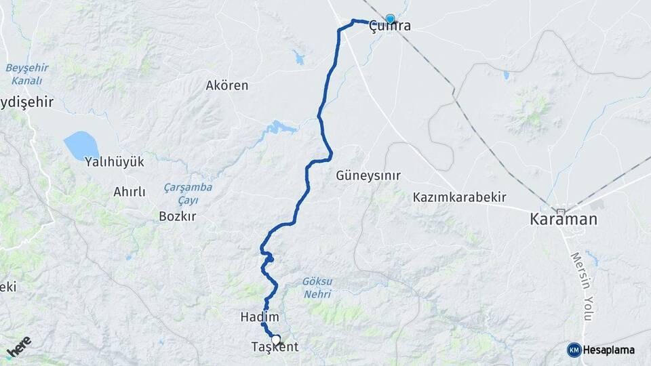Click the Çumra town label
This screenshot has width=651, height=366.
pyautogui.click(x=389, y=28)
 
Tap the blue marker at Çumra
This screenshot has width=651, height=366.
pyautogui.click(x=390, y=19)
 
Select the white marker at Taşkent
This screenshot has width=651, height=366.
pyautogui.click(x=276, y=340)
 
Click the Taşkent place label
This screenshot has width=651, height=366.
pyautogui.click(x=275, y=347)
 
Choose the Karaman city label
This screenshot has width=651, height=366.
pyautogui.click(x=564, y=220)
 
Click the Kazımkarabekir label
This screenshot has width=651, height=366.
pyautogui.click(x=460, y=197)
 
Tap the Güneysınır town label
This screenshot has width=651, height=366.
pyautogui.click(x=368, y=176)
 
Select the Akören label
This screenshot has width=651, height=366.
pyautogui.click(x=227, y=86)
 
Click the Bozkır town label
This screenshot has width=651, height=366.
pyautogui.click(x=177, y=217)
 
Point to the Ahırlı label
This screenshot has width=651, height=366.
pyautogui.click(x=130, y=192)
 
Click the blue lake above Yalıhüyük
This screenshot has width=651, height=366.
pyautogui.click(x=81, y=144)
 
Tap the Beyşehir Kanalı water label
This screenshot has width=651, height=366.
pyautogui.click(x=24, y=74)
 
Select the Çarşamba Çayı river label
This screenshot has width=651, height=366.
pyautogui.click(x=188, y=192)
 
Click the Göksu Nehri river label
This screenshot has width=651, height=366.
pyautogui.click(x=317, y=287)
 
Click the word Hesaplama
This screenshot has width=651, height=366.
pyautogui.click(x=609, y=350)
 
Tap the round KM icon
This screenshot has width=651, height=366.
pyautogui.click(x=574, y=350)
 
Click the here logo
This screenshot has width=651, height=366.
pyautogui.click(x=19, y=348)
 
